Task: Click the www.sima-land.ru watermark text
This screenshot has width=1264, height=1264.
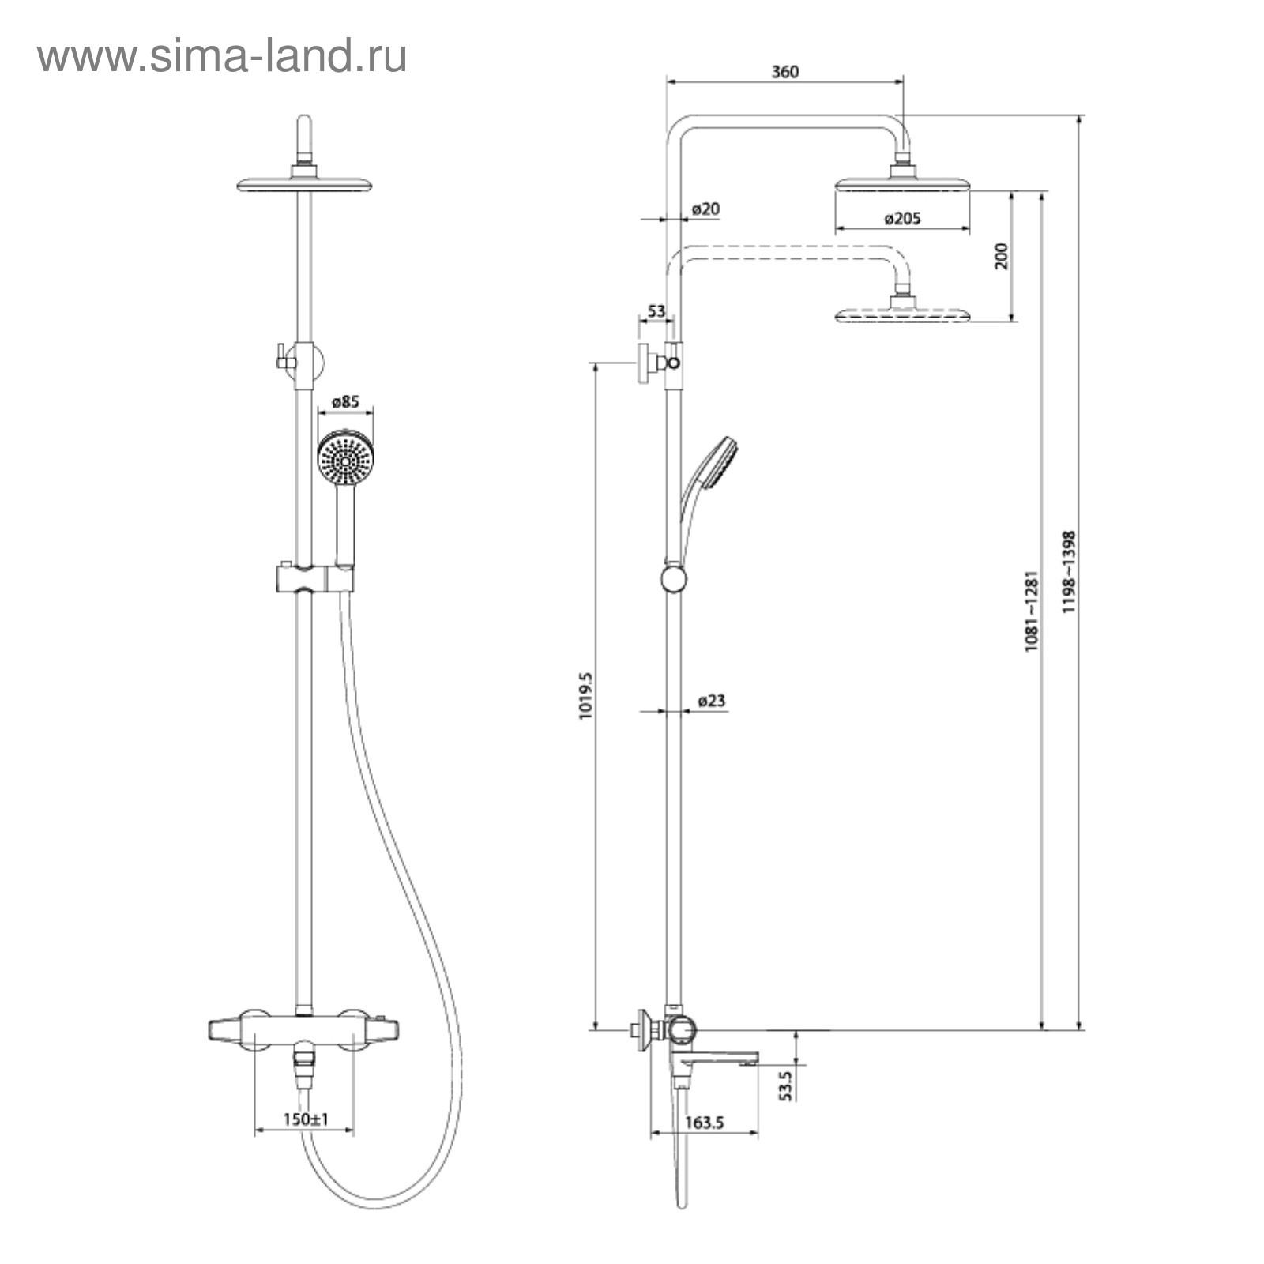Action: pyautogui.click(x=222, y=57)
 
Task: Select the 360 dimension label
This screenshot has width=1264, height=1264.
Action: pyautogui.click(x=784, y=72)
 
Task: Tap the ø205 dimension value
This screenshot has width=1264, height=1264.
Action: pyautogui.click(x=902, y=219)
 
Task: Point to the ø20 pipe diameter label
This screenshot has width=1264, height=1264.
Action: pyautogui.click(x=705, y=209)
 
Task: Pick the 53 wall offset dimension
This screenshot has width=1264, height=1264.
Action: pyautogui.click(x=656, y=311)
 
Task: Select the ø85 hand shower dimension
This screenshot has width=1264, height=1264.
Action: pyautogui.click(x=344, y=401)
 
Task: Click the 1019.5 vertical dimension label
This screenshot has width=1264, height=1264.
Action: pyautogui.click(x=585, y=696)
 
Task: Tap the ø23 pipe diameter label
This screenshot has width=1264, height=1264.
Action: pyautogui.click(x=712, y=700)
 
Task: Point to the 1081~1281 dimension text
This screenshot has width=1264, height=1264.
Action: pyautogui.click(x=1031, y=611)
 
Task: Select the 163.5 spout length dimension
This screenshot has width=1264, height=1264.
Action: pyautogui.click(x=705, y=1123)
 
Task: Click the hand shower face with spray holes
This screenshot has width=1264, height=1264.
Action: pyautogui.click(x=344, y=457)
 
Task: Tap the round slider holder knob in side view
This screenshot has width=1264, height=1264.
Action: pyautogui.click(x=674, y=578)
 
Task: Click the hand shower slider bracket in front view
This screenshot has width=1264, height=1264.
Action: pyautogui.click(x=314, y=577)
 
